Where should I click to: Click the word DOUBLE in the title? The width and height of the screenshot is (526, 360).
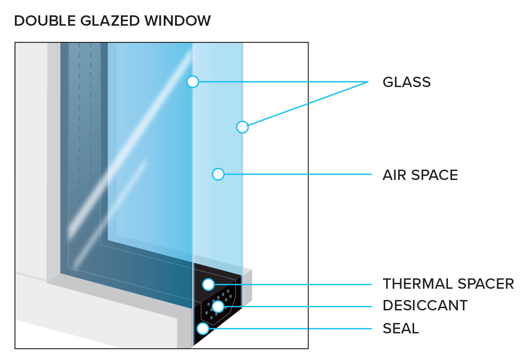[45, 21]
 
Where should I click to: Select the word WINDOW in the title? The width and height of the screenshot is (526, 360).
[178, 21]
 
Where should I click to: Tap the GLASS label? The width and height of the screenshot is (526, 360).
[406, 82]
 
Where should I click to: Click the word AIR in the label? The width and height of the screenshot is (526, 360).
[395, 175]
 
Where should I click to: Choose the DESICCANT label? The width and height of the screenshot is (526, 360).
[425, 306]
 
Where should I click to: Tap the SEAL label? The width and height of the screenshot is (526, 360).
[401, 328]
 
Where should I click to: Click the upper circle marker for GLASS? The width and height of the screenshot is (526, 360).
[193, 82]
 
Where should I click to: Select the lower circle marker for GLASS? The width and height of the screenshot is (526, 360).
[242, 127]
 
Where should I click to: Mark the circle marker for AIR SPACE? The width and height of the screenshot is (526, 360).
[218, 174]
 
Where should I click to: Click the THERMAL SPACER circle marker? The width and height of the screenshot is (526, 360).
[208, 285]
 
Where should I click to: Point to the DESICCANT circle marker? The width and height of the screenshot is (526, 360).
[218, 306]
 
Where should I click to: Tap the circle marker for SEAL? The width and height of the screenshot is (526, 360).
[203, 328]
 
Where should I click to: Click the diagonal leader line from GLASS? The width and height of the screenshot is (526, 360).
[308, 104]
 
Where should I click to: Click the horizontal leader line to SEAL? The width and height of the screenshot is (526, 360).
[290, 328]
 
